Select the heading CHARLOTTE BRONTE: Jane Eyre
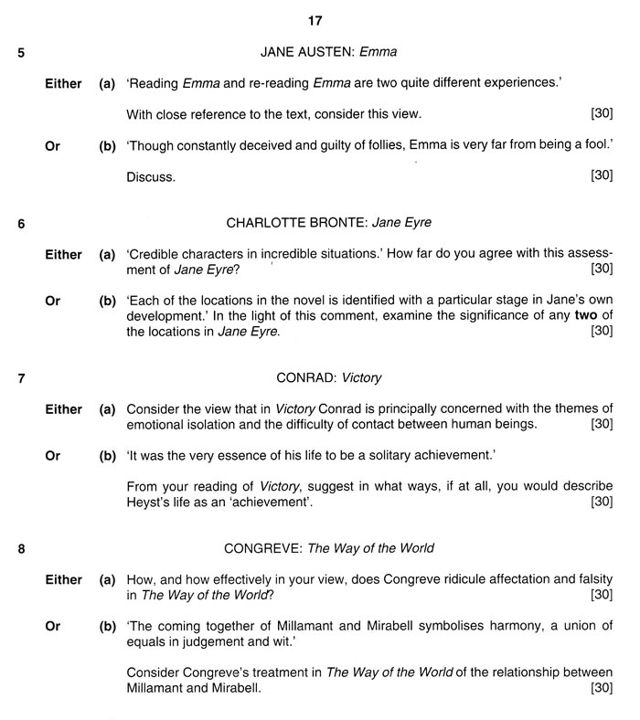click(327, 222)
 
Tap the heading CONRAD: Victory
click(328, 376)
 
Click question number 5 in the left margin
click(21, 52)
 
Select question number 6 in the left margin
click(21, 223)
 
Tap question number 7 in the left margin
click(21, 377)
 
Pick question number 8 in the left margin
click(21, 549)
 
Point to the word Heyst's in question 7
click(148, 502)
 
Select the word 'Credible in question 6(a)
click(154, 255)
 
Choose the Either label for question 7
click(63, 408)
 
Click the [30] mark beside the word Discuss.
click(602, 175)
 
